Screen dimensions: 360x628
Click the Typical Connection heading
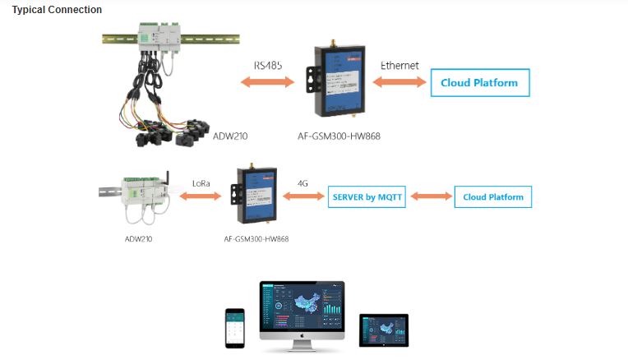coord(57,10)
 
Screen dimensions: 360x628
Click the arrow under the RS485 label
coord(266,81)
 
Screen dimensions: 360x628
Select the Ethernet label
coord(399,65)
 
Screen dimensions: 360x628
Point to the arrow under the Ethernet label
coord(400,81)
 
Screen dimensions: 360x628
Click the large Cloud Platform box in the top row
coord(479,83)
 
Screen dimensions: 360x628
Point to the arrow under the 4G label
coord(302,196)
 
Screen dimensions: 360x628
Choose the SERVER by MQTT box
coord(367,197)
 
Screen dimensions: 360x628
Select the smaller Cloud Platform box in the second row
coord(493,197)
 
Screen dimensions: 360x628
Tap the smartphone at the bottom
coord(236,329)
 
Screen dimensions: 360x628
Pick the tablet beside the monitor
coord(384,330)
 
